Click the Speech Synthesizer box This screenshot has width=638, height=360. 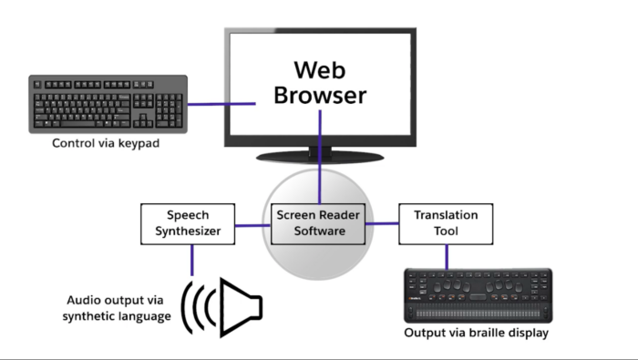click(x=188, y=223)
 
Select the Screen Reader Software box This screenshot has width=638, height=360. click(x=318, y=223)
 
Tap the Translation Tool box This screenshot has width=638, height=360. click(x=446, y=223)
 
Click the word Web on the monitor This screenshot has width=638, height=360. click(x=320, y=70)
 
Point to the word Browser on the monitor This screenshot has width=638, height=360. click(x=320, y=95)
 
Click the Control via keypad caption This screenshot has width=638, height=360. click(x=106, y=143)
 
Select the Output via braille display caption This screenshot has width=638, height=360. click(x=477, y=333)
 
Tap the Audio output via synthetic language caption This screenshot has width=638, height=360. click(x=117, y=308)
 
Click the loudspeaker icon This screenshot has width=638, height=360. click(x=221, y=308)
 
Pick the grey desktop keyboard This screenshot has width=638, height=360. click(x=108, y=104)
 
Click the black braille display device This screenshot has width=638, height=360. click(x=478, y=295)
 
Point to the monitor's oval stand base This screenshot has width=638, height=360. click(x=320, y=157)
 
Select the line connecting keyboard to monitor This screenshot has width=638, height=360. click(x=221, y=104)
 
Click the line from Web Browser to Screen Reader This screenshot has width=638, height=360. click(x=320, y=157)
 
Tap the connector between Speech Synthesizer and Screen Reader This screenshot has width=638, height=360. click(x=252, y=225)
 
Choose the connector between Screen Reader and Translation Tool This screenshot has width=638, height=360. click(x=382, y=223)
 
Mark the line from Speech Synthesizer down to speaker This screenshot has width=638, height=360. click(x=192, y=261)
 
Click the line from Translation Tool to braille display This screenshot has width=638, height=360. click(x=447, y=257)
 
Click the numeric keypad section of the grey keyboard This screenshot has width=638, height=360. click(x=170, y=110)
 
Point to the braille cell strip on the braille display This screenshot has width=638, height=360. click(x=478, y=314)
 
